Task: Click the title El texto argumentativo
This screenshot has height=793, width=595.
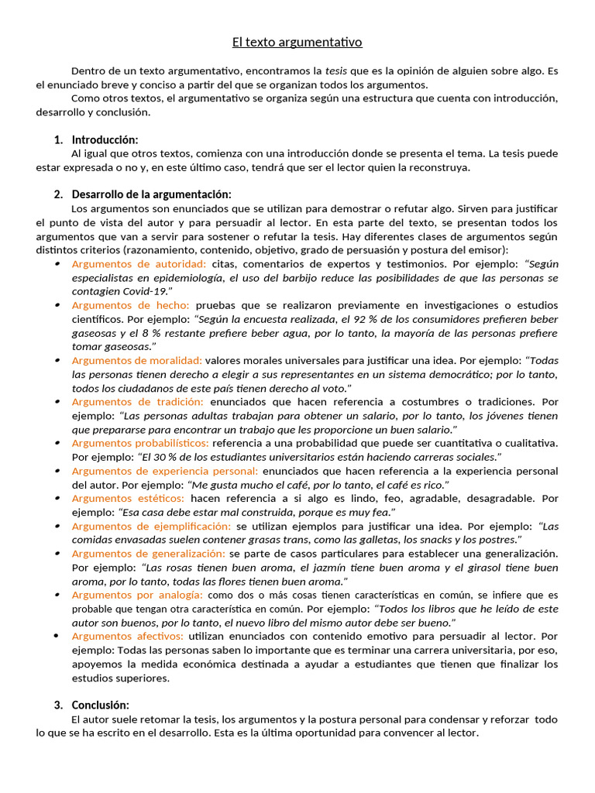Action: [x=297, y=42]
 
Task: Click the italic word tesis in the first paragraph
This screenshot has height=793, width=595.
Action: [x=336, y=70]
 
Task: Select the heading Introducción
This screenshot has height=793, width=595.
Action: [x=105, y=140]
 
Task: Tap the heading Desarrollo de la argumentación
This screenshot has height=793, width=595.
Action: [x=151, y=194]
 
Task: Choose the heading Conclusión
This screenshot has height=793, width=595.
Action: [x=101, y=705]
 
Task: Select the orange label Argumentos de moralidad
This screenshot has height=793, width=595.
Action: [x=136, y=360]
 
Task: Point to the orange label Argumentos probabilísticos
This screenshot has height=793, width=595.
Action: [x=139, y=443]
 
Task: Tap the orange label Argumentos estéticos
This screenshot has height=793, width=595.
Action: [x=128, y=498]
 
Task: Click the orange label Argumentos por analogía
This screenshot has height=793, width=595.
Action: [x=137, y=595]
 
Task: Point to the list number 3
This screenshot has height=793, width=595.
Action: [x=58, y=705]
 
